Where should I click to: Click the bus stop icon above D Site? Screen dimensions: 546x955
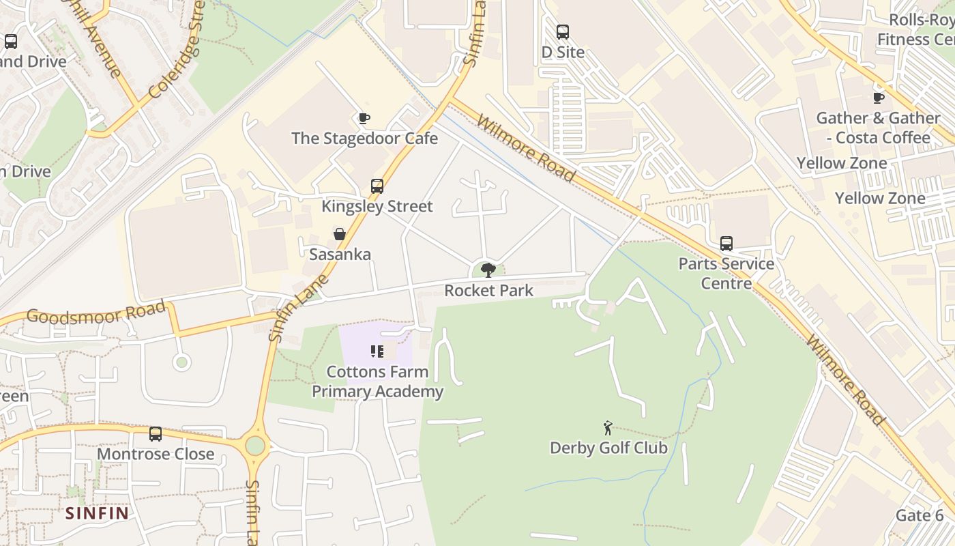[x=562, y=31]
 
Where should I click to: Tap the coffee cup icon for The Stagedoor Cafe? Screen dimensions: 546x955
[x=364, y=118]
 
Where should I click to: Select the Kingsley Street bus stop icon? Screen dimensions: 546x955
[x=377, y=186]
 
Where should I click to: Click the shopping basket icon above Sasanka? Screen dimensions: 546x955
[x=340, y=234]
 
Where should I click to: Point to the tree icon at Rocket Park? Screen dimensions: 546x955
[x=488, y=270]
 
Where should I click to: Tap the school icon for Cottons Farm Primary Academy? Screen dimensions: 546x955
[x=377, y=351]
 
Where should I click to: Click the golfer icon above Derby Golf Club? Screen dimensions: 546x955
[x=608, y=428]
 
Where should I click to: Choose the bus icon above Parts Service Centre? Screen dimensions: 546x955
[x=726, y=244]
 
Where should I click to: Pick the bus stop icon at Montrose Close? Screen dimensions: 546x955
[x=156, y=433]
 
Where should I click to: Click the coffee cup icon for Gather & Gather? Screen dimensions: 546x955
[x=879, y=98]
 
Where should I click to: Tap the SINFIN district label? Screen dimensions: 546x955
[x=97, y=513]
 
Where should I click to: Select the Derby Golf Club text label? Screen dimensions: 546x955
[x=608, y=448]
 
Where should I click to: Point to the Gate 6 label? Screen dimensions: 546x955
[x=920, y=515]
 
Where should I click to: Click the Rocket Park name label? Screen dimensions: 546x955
[x=488, y=291]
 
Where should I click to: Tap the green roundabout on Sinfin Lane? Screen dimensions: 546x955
[x=255, y=446]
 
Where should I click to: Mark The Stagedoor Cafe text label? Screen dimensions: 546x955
[x=364, y=139]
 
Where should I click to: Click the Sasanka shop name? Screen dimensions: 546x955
[x=340, y=255]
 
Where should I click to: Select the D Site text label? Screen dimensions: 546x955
[x=563, y=52]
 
